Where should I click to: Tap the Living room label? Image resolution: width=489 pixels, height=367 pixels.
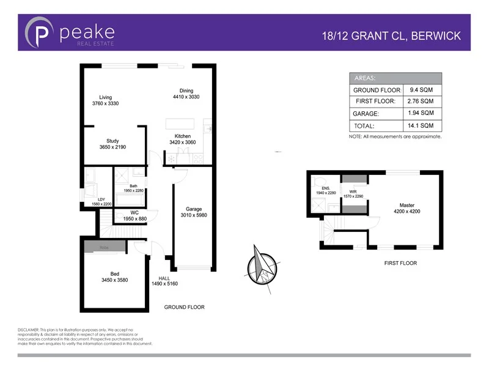[x=105, y=97]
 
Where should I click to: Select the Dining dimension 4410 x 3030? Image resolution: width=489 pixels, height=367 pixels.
[x=186, y=97]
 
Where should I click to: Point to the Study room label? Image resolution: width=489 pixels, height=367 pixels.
[x=112, y=141]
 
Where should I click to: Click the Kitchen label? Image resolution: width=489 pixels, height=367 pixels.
[x=183, y=136]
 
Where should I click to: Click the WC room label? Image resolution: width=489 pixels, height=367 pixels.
[x=134, y=213]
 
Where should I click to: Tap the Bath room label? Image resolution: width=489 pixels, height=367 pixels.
[x=133, y=185]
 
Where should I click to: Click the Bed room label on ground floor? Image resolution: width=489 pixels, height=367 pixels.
[x=114, y=274]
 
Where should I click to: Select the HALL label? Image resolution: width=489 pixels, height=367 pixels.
[x=164, y=278]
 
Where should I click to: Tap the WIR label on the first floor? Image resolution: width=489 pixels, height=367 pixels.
[x=354, y=191]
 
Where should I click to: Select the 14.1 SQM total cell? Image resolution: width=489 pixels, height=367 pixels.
[x=421, y=125]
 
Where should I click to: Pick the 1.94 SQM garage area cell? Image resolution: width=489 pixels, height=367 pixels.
[x=421, y=113]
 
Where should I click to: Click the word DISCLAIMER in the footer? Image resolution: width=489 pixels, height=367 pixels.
[x=28, y=330]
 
